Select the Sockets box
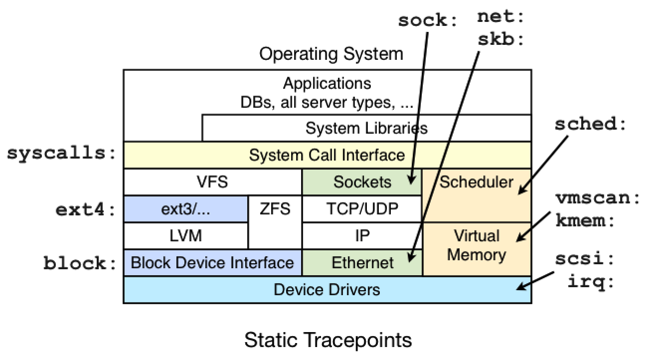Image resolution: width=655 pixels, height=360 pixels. [362, 182]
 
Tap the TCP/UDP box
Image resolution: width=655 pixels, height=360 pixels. [362, 208]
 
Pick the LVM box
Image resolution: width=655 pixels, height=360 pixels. [185, 235]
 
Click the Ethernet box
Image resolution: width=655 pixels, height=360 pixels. [362, 262]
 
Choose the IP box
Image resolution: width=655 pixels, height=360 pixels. [362, 235]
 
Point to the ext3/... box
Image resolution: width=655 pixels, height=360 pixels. [185, 208]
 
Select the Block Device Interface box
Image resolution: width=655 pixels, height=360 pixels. [212, 262]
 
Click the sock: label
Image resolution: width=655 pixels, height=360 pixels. [427, 21]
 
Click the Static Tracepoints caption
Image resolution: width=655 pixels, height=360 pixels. [328, 341]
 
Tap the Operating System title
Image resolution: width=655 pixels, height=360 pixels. [331, 54]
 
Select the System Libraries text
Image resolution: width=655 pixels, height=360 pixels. [366, 128]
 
